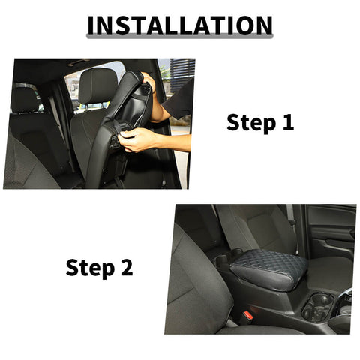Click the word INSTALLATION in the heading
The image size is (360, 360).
(179, 25)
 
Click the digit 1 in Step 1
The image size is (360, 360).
(287, 122)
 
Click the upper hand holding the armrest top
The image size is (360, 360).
(149, 81)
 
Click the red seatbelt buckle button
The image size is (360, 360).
(246, 318)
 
